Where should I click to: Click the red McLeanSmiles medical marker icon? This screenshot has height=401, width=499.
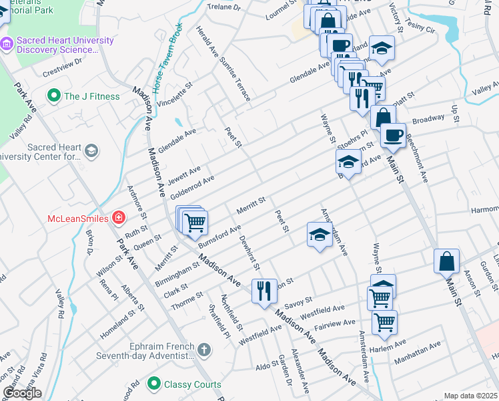coord(119,217)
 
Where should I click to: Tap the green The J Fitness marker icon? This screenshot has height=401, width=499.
coord(53,96)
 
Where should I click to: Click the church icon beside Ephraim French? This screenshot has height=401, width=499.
coord(204,349)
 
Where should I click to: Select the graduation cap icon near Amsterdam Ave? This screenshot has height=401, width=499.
coord(320,235)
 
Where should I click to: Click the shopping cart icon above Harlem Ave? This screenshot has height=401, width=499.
coord(384,322)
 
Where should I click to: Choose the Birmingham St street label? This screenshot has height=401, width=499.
coord(178,273)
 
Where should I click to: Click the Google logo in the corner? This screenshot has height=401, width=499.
coord(22,392)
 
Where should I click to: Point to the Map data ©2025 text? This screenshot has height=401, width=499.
coord(470,396)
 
